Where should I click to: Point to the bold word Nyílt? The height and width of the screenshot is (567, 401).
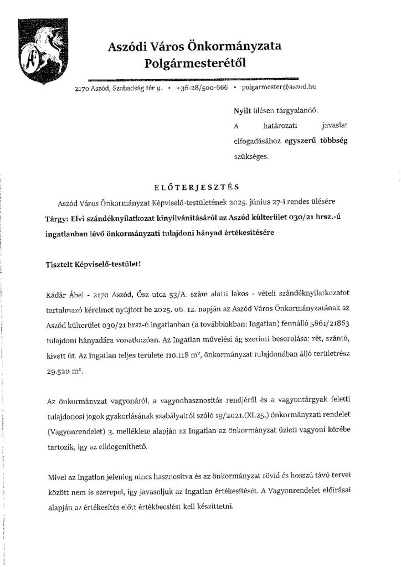tap(242, 111)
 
